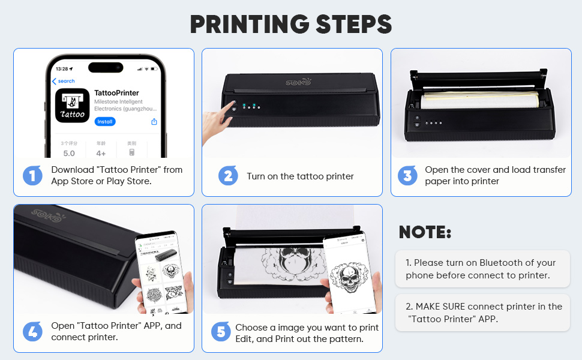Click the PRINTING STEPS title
(291, 24)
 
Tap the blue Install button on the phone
(104, 122)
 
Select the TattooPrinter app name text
(116, 93)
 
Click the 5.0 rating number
(69, 154)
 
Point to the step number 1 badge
(32, 175)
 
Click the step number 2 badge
(228, 176)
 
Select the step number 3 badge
(407, 175)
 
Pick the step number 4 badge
(32, 331)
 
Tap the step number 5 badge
(220, 332)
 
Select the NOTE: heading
(425, 232)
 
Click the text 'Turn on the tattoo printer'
(300, 176)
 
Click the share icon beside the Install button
(154, 122)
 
